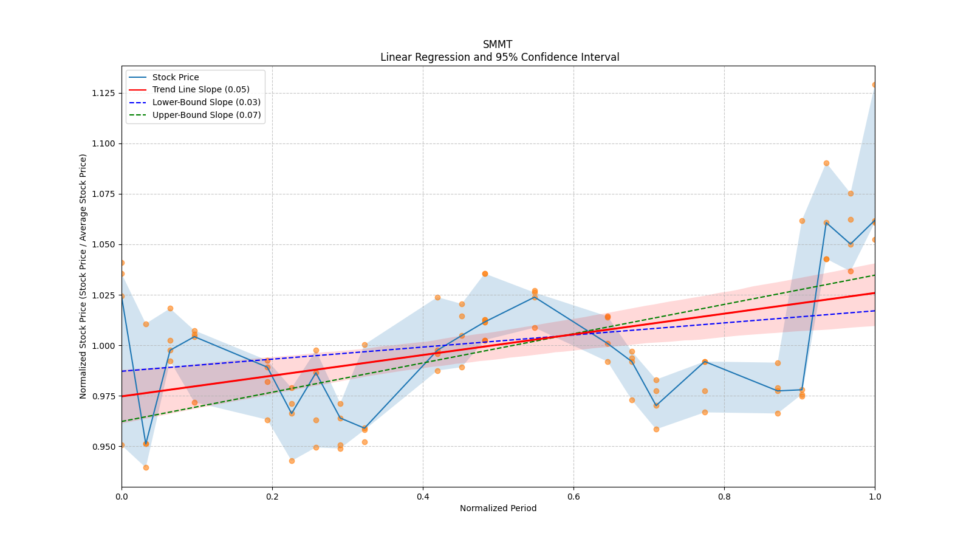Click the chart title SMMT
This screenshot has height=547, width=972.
[x=498, y=44]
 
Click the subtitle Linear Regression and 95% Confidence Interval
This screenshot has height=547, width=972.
[x=499, y=57]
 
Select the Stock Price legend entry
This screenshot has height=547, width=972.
[x=176, y=77]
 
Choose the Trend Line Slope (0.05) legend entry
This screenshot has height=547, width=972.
[x=200, y=90]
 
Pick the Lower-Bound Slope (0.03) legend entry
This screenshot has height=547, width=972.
[x=206, y=102]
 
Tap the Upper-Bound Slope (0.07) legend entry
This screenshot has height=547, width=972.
[x=206, y=115]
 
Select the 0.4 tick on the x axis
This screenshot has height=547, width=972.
[x=423, y=497]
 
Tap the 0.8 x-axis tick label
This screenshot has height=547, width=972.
[x=724, y=497]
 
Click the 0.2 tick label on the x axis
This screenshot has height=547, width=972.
[x=272, y=497]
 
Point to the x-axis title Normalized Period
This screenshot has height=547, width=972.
[x=498, y=508]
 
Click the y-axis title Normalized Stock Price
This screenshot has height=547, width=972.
[x=83, y=276]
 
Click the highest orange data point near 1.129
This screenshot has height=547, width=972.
[x=874, y=84]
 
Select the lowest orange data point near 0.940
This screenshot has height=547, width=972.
[x=146, y=467]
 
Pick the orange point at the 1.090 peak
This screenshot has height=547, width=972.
[x=826, y=163]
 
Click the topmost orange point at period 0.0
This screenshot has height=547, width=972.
[x=122, y=263]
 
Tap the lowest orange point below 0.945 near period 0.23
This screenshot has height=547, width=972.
[x=292, y=461]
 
